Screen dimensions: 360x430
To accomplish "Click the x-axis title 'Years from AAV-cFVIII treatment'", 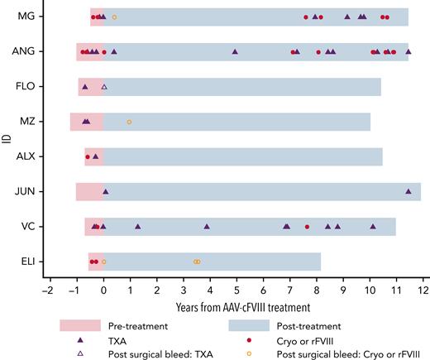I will tap(236, 307).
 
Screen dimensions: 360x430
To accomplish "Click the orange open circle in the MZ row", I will tap(129, 122).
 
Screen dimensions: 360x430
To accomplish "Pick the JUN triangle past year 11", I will tap(408, 191).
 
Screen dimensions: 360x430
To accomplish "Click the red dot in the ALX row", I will tap(88, 156).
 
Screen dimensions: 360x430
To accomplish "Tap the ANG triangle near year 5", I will tap(236, 51).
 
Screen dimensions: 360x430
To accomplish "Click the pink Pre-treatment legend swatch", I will tap(81, 325).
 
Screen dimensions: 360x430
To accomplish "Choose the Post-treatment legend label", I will tap(302, 325).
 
